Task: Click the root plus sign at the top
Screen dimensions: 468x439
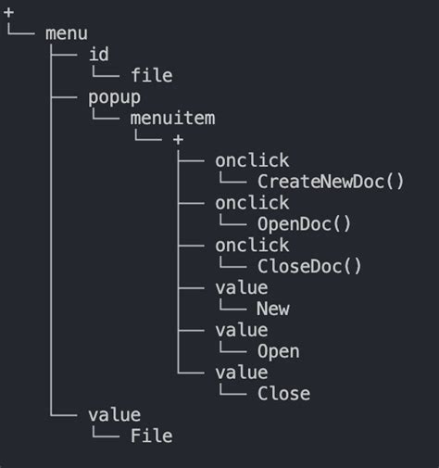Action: (9, 12)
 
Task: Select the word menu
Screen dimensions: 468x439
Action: (66, 33)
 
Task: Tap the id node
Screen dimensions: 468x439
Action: (98, 55)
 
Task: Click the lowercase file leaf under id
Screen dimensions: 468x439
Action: (151, 76)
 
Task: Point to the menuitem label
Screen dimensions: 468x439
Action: (172, 118)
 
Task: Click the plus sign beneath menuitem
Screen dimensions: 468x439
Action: (178, 139)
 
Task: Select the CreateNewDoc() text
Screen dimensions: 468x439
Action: (331, 181)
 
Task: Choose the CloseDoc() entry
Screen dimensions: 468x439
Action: (309, 266)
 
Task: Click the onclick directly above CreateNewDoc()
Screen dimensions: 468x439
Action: (252, 159)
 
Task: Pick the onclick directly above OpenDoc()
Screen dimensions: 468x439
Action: (252, 202)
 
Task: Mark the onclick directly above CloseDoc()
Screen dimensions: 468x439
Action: (252, 245)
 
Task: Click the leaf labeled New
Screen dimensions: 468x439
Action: (273, 309)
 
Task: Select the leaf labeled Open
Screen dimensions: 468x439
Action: (278, 351)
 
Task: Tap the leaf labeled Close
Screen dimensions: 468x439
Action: (283, 394)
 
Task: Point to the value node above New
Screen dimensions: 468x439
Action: (241, 287)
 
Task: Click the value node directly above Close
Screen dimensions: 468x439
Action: (241, 373)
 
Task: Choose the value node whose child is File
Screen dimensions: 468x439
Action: (114, 414)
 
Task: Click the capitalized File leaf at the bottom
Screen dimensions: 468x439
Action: (151, 436)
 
